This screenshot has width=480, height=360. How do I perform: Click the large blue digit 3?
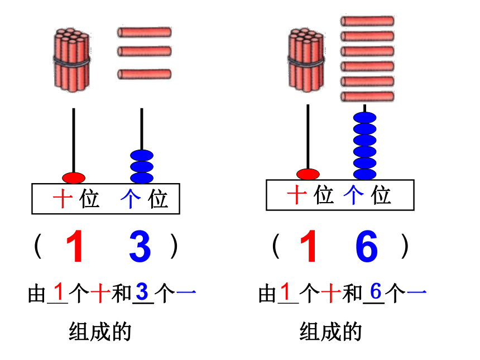click(140, 247)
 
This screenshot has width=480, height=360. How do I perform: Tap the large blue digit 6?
click(367, 246)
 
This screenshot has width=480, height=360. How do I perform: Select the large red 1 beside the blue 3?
click(75, 247)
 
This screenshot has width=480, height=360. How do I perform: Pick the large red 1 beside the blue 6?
click(309, 246)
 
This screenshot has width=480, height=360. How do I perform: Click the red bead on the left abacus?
click(74, 178)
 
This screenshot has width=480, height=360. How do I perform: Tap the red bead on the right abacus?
click(308, 174)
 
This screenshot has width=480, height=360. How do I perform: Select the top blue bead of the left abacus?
click(142, 156)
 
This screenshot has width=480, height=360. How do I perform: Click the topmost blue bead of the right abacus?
click(364, 118)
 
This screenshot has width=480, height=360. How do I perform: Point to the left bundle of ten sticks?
click(72, 60)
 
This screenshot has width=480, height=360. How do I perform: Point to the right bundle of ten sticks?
click(306, 60)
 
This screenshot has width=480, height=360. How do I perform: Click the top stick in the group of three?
click(144, 32)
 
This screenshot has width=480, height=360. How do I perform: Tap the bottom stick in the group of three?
click(144, 74)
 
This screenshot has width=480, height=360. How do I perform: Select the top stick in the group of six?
click(367, 21)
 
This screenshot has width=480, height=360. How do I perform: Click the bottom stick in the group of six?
click(367, 97)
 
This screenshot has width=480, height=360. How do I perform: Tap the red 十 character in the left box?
click(63, 199)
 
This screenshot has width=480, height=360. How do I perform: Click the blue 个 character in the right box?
click(353, 195)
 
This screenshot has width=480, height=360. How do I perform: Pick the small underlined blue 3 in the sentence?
click(142, 291)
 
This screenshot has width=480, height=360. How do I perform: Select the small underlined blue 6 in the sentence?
click(376, 291)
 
